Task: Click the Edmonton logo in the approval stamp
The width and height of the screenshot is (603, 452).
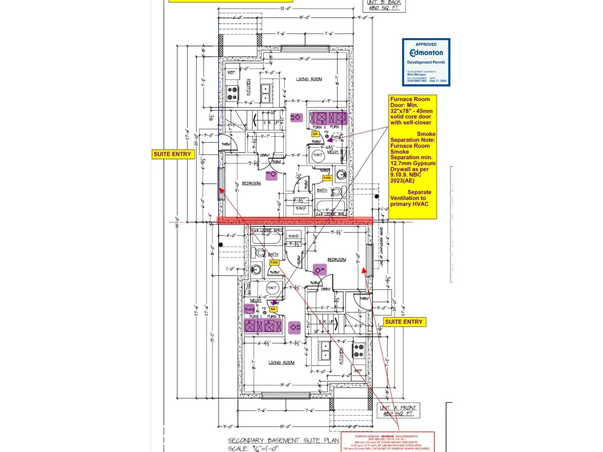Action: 426,53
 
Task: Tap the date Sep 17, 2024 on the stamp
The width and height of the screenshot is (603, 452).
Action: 438,81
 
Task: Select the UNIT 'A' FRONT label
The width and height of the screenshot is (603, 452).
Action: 398,408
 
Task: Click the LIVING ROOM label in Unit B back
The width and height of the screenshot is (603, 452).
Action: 309,79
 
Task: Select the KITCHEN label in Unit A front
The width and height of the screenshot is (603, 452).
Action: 341,356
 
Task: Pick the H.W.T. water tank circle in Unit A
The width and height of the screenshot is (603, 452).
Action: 272,288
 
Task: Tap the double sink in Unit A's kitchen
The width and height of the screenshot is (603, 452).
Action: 325,350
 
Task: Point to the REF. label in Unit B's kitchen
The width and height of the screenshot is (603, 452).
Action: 231,72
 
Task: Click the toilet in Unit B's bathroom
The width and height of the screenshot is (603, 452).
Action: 338,191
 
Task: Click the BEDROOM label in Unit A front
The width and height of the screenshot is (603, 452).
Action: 337,260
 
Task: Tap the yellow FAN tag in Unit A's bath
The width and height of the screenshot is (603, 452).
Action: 274,263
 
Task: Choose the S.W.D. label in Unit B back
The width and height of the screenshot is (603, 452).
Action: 301,208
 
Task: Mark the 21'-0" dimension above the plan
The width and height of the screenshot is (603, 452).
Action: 286,9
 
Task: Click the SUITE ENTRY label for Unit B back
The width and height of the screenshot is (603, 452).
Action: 172,154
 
